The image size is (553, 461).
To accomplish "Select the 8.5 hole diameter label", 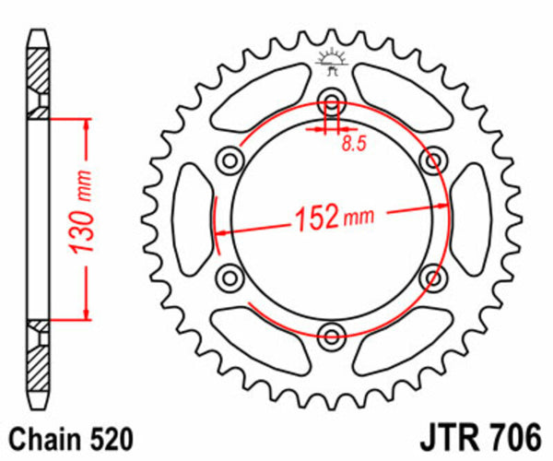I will click(352, 143).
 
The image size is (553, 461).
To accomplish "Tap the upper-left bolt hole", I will click(228, 161).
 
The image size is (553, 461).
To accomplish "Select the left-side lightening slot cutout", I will click(194, 218).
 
